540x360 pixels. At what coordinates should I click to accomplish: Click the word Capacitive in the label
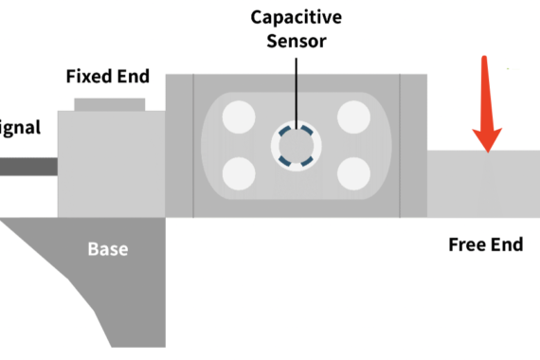(297, 17)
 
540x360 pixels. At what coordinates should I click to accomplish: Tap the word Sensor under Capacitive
(297, 42)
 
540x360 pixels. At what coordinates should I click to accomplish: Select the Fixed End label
(107, 76)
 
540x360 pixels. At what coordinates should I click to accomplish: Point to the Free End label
(485, 245)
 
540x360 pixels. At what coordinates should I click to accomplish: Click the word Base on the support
(108, 250)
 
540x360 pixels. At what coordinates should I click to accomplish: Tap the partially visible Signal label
(19, 127)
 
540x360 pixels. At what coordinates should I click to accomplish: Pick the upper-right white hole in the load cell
(352, 118)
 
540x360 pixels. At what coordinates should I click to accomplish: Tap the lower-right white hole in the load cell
(352, 172)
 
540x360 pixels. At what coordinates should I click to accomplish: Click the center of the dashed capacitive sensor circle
(296, 145)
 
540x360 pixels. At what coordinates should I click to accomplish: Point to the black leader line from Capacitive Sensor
(296, 90)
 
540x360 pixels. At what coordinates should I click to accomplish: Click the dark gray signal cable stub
(28, 167)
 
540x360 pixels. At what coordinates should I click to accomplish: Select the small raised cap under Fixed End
(109, 103)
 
